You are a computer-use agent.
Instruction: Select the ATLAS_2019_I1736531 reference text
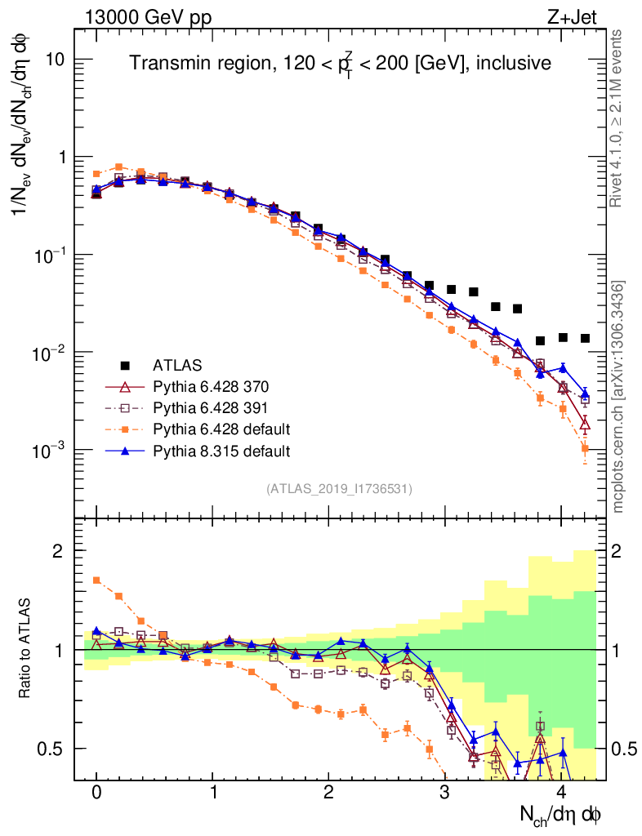click(x=339, y=489)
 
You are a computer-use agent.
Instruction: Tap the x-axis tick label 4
click(x=561, y=793)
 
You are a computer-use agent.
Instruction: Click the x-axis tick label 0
click(x=96, y=793)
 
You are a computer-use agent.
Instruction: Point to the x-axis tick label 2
click(x=329, y=793)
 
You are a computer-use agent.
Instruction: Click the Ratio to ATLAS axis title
click(x=27, y=648)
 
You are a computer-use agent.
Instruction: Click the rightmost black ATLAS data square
click(x=585, y=338)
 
